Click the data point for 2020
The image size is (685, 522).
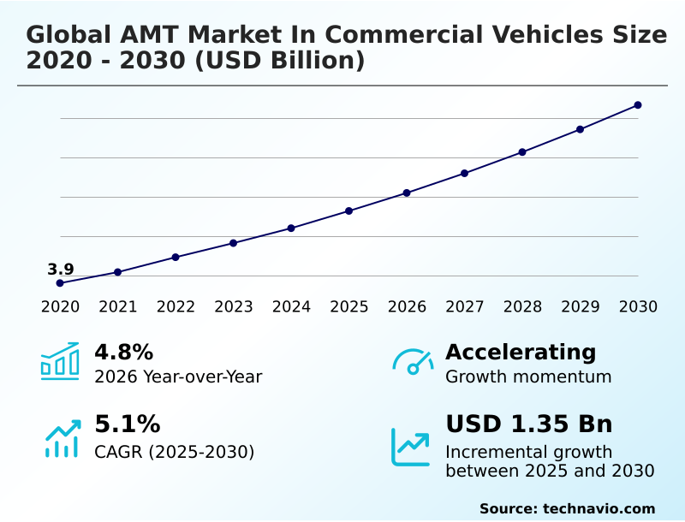[x=60, y=283]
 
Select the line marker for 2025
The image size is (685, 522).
[x=348, y=211]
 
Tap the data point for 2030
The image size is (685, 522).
[x=638, y=105]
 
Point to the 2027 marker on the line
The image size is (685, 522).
[x=464, y=173]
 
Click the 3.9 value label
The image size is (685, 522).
[x=60, y=270]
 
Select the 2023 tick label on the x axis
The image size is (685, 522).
[x=233, y=306]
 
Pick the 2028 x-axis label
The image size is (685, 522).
[x=522, y=306]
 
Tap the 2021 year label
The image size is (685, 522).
[x=117, y=306]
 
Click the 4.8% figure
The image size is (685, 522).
[x=123, y=352]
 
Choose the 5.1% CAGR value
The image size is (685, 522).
[x=127, y=424]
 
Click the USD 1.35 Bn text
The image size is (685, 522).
[x=529, y=424]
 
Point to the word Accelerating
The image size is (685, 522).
[x=521, y=352]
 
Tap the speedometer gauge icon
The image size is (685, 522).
[x=413, y=361]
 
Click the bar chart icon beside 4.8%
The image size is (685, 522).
[x=60, y=361]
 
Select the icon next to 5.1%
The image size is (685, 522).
[x=62, y=437]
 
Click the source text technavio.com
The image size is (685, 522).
[x=599, y=508]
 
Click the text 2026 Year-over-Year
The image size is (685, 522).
[x=178, y=377]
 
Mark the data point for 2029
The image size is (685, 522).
[x=580, y=129]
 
